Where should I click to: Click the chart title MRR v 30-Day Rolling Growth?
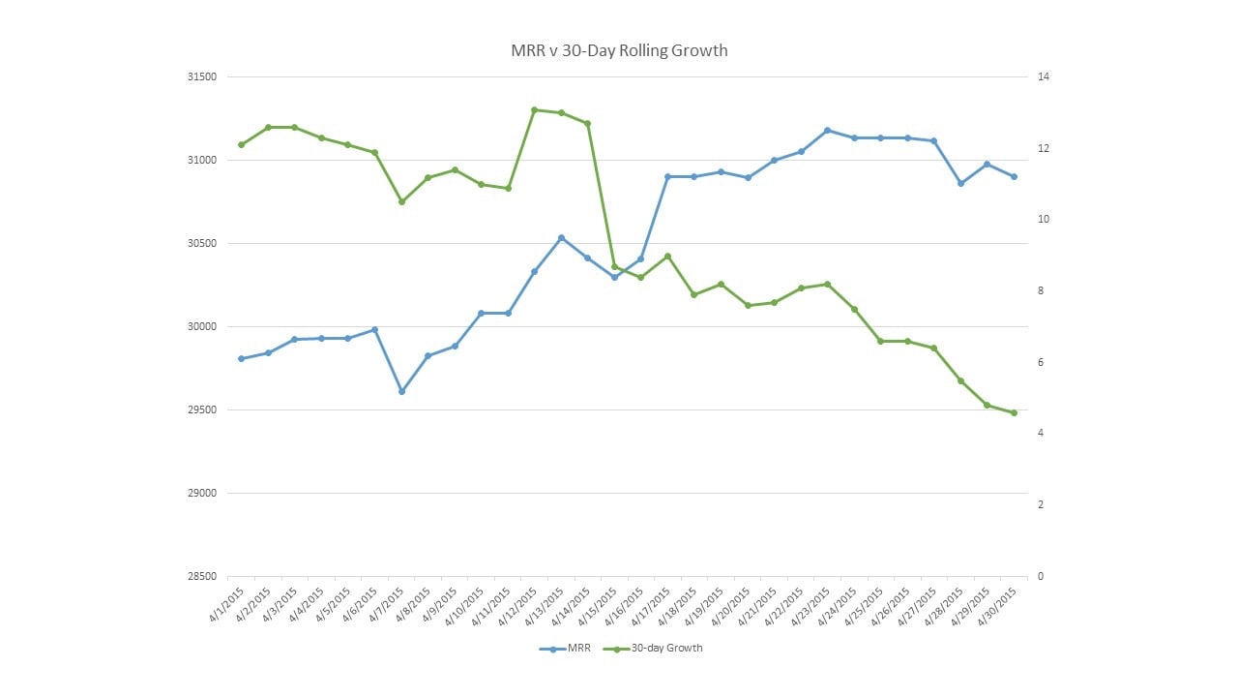click(619, 50)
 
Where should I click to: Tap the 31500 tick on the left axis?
click(203, 77)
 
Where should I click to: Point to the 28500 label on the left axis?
click(203, 577)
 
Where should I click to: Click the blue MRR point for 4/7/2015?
click(401, 391)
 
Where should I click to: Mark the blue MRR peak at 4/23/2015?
click(827, 130)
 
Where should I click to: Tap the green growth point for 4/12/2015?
click(534, 109)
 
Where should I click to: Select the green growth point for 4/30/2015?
click(1014, 412)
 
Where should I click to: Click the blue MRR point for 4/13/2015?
click(561, 237)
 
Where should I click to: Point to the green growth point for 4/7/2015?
click(401, 201)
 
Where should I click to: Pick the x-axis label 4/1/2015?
click(228, 602)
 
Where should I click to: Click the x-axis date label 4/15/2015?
click(601, 602)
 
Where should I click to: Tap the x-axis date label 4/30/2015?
click(1000, 602)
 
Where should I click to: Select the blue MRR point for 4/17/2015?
click(667, 176)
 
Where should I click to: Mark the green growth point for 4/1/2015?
click(241, 144)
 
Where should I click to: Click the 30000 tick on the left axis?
click(203, 327)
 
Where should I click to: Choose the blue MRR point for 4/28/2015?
click(960, 183)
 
